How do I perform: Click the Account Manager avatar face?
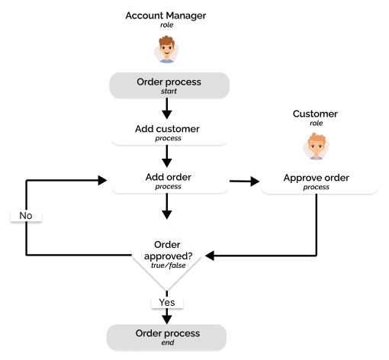click(x=166, y=50)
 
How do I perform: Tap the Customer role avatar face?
click(x=316, y=146)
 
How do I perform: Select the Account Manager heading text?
click(x=166, y=16)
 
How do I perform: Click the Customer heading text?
click(x=315, y=114)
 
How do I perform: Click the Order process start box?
click(x=169, y=85)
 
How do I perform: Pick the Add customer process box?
click(x=169, y=133)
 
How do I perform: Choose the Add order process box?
click(x=169, y=181)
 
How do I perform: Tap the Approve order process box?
click(x=320, y=182)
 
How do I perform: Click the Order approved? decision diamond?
click(x=167, y=256)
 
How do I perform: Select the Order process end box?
click(x=166, y=338)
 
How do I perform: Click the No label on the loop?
click(x=26, y=216)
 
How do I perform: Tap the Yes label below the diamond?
click(x=167, y=303)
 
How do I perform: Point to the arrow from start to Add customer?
click(x=167, y=108)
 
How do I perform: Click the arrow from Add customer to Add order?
click(x=167, y=156)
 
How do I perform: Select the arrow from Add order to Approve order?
click(x=244, y=182)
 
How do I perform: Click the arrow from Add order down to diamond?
click(x=167, y=206)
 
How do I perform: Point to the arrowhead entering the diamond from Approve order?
click(x=210, y=256)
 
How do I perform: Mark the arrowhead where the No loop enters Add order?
click(x=102, y=180)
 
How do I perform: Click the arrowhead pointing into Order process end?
click(x=167, y=320)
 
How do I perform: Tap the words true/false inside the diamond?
click(x=169, y=265)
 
